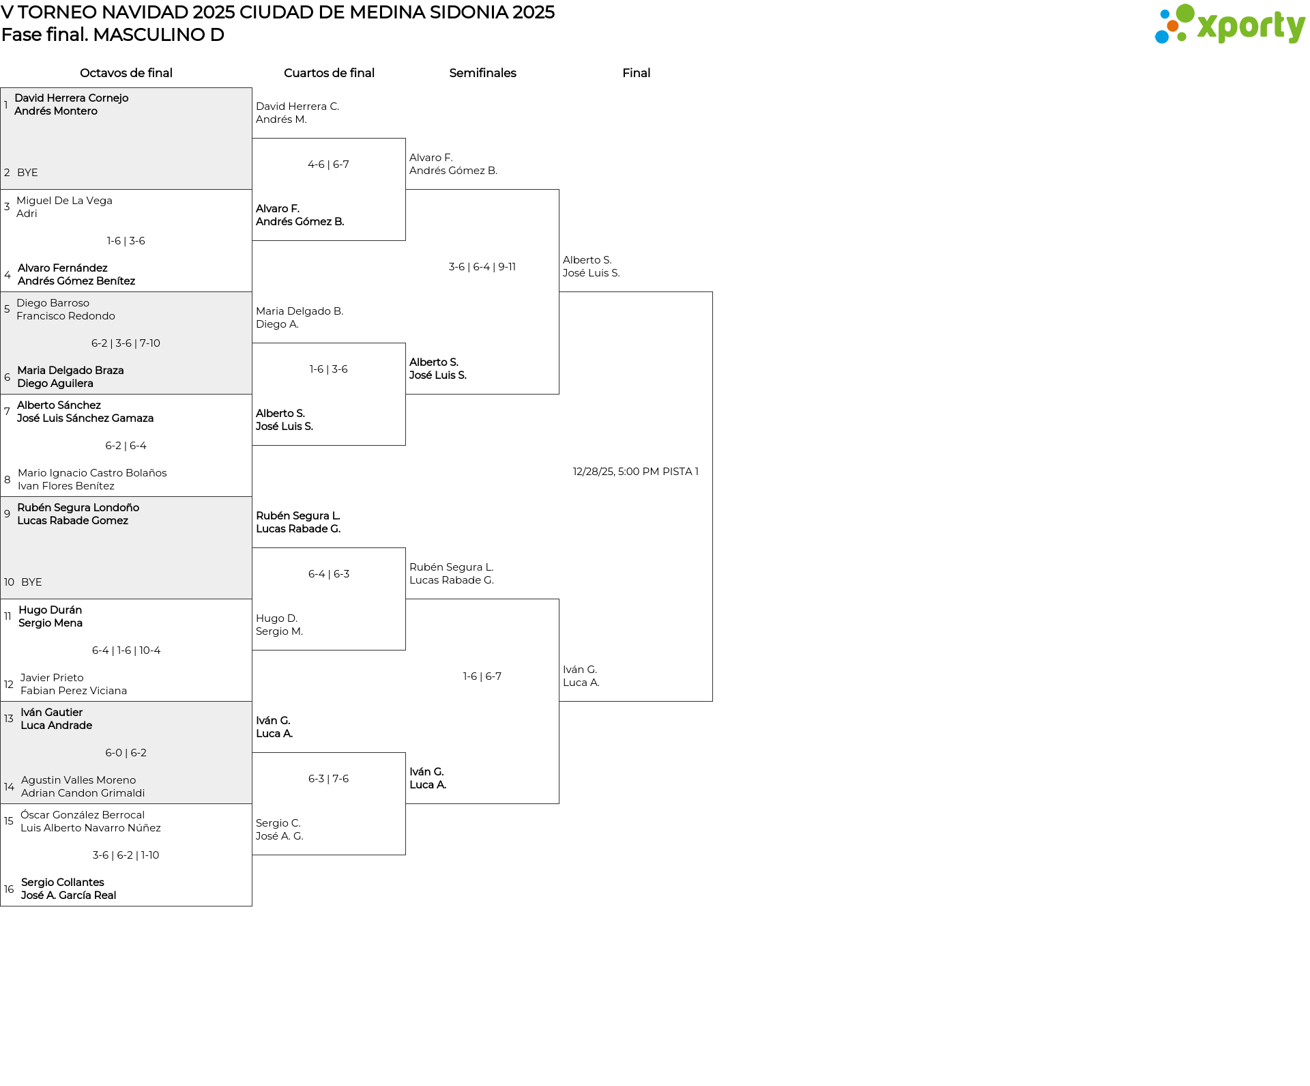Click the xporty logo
point(1229,25)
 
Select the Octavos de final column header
point(126,73)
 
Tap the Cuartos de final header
point(329,73)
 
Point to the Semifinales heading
point(482,73)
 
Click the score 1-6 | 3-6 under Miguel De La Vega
point(126,241)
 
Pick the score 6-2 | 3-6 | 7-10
point(126,343)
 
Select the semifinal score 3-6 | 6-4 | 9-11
point(482,267)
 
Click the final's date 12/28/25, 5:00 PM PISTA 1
point(636,472)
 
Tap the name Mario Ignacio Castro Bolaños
point(92,473)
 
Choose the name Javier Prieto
point(52,678)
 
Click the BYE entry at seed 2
point(27,173)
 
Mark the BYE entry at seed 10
point(31,582)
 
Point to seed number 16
point(9,889)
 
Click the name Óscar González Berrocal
point(83,815)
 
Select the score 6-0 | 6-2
point(126,753)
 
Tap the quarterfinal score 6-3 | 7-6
point(329,779)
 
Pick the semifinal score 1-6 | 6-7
point(482,676)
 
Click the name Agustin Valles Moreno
point(78,780)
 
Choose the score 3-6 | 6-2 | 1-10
point(126,855)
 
